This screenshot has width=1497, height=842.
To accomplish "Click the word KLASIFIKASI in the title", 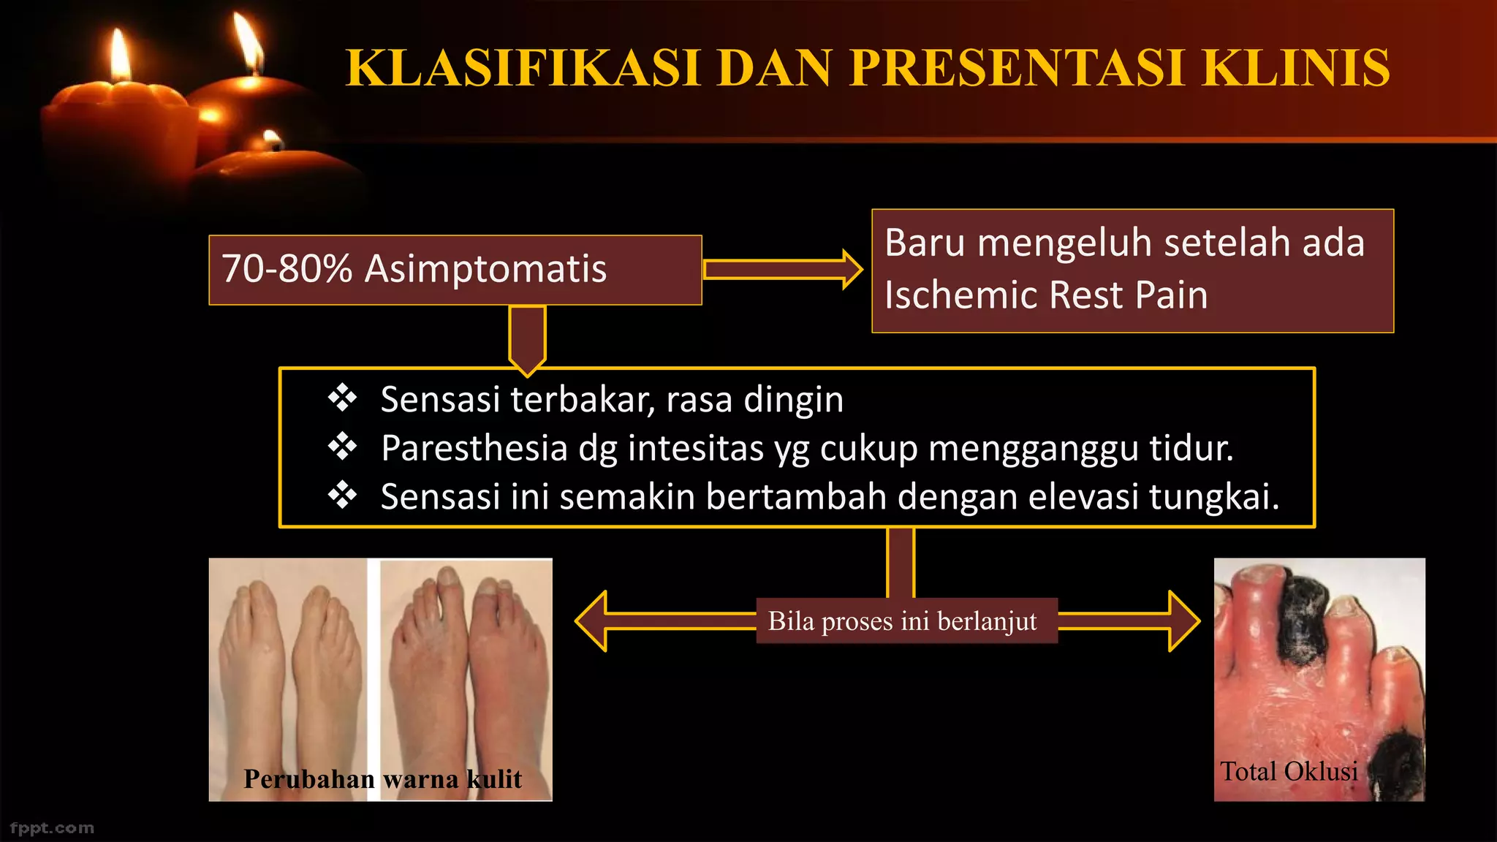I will pos(523,68).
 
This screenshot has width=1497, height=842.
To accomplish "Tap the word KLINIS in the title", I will pos(1295,68).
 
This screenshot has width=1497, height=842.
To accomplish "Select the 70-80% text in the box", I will pos(287,269).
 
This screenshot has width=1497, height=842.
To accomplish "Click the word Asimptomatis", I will pos(485,269).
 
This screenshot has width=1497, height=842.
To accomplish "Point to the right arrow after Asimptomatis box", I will pos(782,270).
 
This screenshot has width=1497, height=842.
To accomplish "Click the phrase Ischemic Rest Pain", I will pos(1045,295).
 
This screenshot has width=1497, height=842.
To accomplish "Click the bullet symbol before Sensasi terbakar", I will pos(342,399).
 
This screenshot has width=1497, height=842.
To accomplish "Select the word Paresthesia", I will pos(474,448).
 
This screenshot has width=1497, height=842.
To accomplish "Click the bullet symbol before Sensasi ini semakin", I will pos(342,496).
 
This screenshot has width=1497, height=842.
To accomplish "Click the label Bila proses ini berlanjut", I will pos(902,621).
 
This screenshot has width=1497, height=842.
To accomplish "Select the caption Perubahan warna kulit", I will pos(382,779).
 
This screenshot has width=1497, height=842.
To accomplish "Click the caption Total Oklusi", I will pos(1289,772).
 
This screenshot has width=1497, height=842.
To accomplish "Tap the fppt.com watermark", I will pos(52,828).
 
